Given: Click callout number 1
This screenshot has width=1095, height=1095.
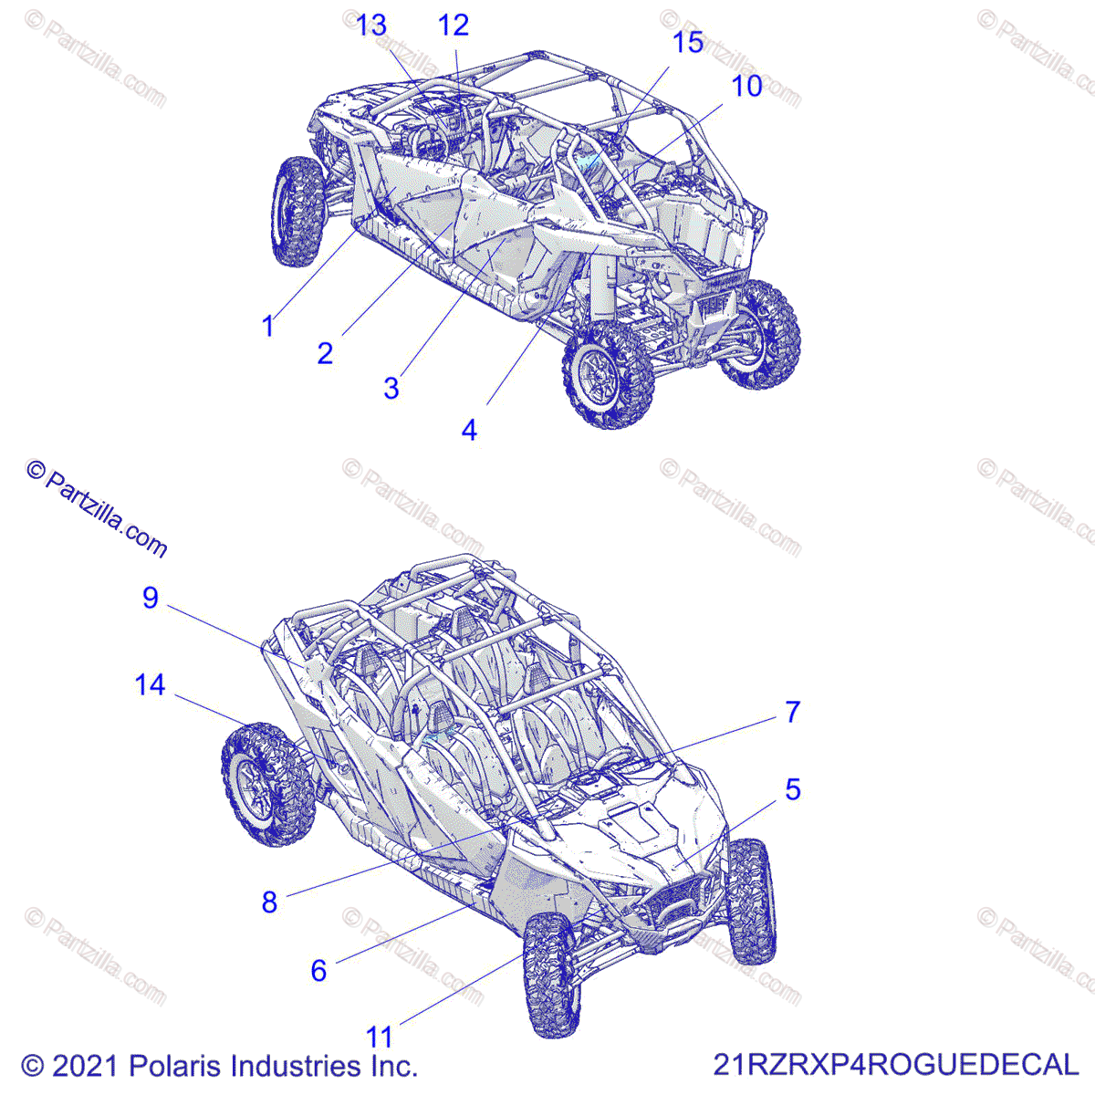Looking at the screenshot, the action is (x=267, y=326).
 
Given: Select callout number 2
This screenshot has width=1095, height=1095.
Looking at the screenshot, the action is (x=325, y=353).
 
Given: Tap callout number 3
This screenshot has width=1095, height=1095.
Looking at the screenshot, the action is (x=391, y=389).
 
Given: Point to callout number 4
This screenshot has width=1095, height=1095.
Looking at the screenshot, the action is (x=469, y=430).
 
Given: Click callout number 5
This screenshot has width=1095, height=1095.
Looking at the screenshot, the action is (x=793, y=789).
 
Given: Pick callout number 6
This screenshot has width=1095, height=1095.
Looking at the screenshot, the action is (x=318, y=970).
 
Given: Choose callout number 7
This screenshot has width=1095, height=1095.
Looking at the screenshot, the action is (x=793, y=712).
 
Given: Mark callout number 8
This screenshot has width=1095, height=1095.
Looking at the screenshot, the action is (x=269, y=902).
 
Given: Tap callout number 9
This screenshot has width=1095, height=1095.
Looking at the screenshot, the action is (x=151, y=598).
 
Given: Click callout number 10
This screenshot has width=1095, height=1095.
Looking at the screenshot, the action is (x=746, y=86).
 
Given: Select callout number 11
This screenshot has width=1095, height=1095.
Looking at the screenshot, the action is (x=379, y=1037).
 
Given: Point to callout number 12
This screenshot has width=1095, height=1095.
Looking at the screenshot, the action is (x=453, y=26).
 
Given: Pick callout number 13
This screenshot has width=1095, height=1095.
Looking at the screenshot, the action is (x=370, y=26).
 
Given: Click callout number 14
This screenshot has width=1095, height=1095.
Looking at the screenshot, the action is (x=151, y=684).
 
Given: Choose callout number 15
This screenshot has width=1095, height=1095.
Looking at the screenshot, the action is (x=688, y=43).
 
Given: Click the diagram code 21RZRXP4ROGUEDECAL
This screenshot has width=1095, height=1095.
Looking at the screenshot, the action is (x=895, y=1065).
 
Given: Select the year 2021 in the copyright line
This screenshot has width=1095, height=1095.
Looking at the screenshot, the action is (x=87, y=1066).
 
